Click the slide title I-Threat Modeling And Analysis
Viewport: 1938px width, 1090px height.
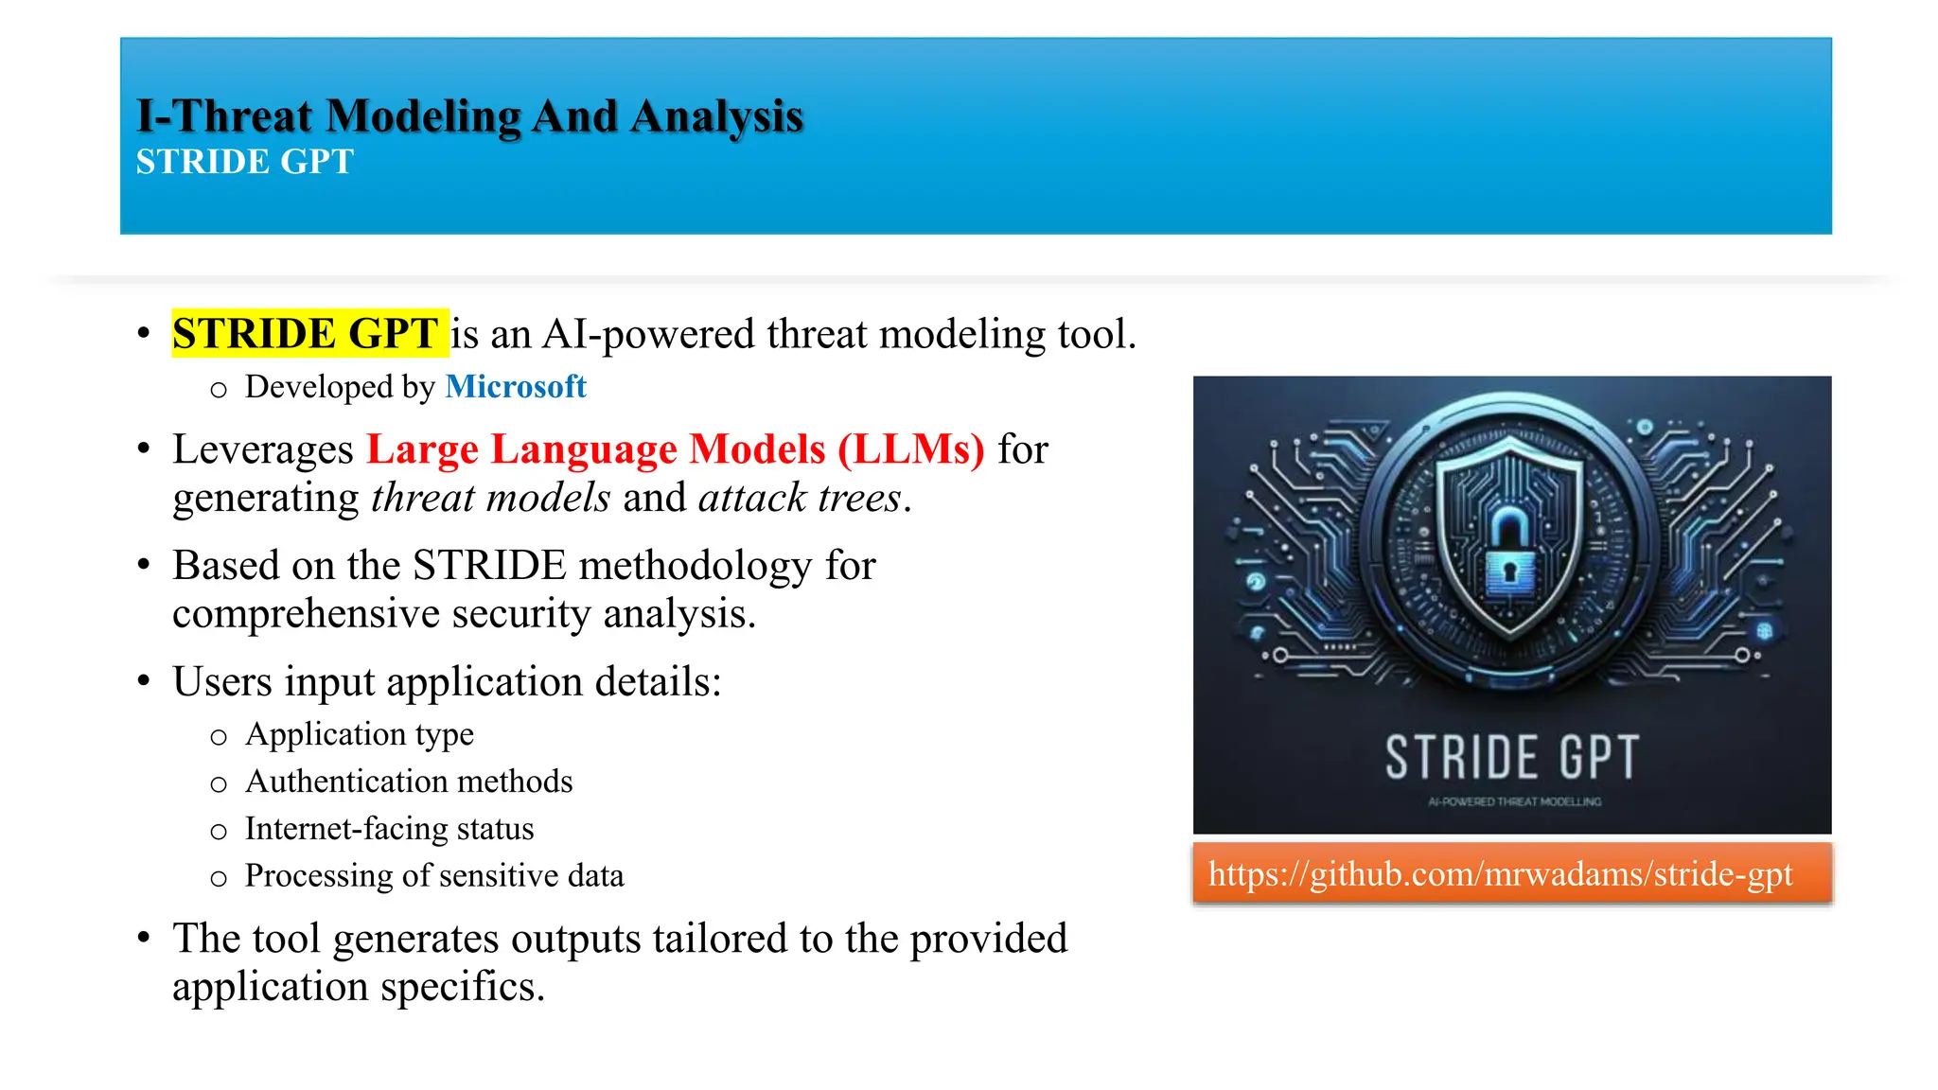coord(469,116)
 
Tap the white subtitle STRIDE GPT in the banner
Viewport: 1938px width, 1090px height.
coord(244,162)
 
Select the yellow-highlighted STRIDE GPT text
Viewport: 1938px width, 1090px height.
coord(306,334)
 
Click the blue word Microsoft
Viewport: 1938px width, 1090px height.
coord(516,386)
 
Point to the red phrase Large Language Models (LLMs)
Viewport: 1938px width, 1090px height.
coord(676,449)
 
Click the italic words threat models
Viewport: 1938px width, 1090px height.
coord(490,498)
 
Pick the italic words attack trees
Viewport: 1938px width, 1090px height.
coord(801,498)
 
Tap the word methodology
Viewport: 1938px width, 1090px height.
coord(695,566)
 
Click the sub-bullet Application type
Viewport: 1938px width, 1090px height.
coord(360,734)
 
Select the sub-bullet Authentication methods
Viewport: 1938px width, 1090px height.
coord(409,782)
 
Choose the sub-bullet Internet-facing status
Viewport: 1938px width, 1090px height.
coord(389,829)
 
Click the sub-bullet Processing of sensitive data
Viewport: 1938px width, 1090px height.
coord(434,876)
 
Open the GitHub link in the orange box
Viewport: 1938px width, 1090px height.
coord(1501,874)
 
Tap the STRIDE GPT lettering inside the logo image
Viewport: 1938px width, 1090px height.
coord(1511,757)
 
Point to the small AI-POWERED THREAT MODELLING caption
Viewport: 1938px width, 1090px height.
coord(1514,802)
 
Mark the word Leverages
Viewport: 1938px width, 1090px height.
coord(263,449)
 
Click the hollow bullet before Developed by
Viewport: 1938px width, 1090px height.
coord(219,390)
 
